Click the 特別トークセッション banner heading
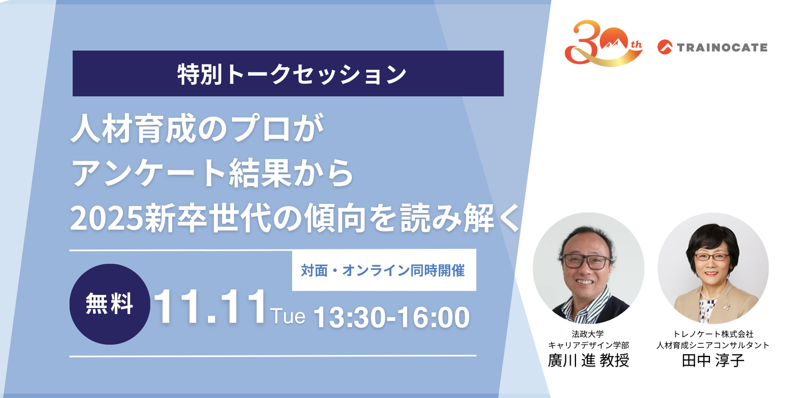coord(292,74)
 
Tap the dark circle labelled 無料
coord(110,304)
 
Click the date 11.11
coord(210,306)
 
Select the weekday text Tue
coord(288,316)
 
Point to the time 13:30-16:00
coord(392,318)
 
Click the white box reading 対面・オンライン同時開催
coord(384,270)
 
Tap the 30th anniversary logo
coord(603,43)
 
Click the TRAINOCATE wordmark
coord(722,48)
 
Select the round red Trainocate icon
coord(665,47)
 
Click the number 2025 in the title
coord(107,218)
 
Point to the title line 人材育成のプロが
coord(198,128)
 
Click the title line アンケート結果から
coord(212,173)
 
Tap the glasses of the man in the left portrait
coord(587,261)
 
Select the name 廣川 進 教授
coord(588,361)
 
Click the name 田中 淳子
coord(713,361)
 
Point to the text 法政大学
coord(588,334)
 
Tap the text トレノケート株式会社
coord(713,334)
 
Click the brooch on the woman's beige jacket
coord(726,306)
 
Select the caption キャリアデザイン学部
coord(589,345)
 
